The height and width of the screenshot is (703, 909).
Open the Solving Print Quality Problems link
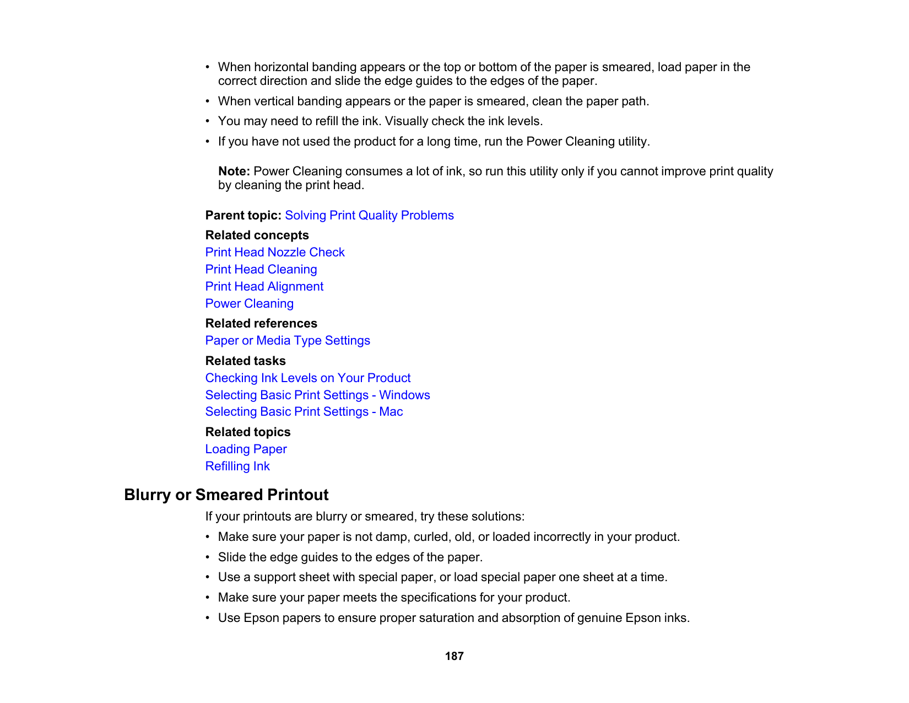[x=369, y=216]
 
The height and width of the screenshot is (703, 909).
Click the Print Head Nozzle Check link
[x=275, y=253]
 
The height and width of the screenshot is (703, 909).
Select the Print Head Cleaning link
[x=261, y=270]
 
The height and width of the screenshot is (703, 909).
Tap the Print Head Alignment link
[x=264, y=287]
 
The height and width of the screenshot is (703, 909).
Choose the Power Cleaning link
[x=249, y=304]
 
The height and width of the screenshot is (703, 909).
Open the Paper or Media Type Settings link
[x=288, y=341]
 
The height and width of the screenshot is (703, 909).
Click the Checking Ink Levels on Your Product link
[x=308, y=378]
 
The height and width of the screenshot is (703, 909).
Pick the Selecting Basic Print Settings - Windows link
[x=317, y=395]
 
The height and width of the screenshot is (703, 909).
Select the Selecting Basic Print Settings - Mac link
[x=304, y=412]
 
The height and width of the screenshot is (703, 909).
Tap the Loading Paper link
[x=246, y=449]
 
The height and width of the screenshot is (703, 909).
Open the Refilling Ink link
[x=237, y=466]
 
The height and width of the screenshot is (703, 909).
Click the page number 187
[x=454, y=656]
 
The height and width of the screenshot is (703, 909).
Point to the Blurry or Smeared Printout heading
[x=226, y=495]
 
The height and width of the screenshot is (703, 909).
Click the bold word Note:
[x=234, y=171]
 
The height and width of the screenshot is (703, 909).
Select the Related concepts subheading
[x=257, y=235]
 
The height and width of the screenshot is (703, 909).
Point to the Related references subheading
[x=261, y=324]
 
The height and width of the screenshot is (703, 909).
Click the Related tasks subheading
[x=245, y=361]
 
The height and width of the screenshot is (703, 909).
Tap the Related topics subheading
[x=248, y=432]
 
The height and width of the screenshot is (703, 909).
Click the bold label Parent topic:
[x=243, y=216]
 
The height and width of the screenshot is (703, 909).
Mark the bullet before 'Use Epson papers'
[x=208, y=618]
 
